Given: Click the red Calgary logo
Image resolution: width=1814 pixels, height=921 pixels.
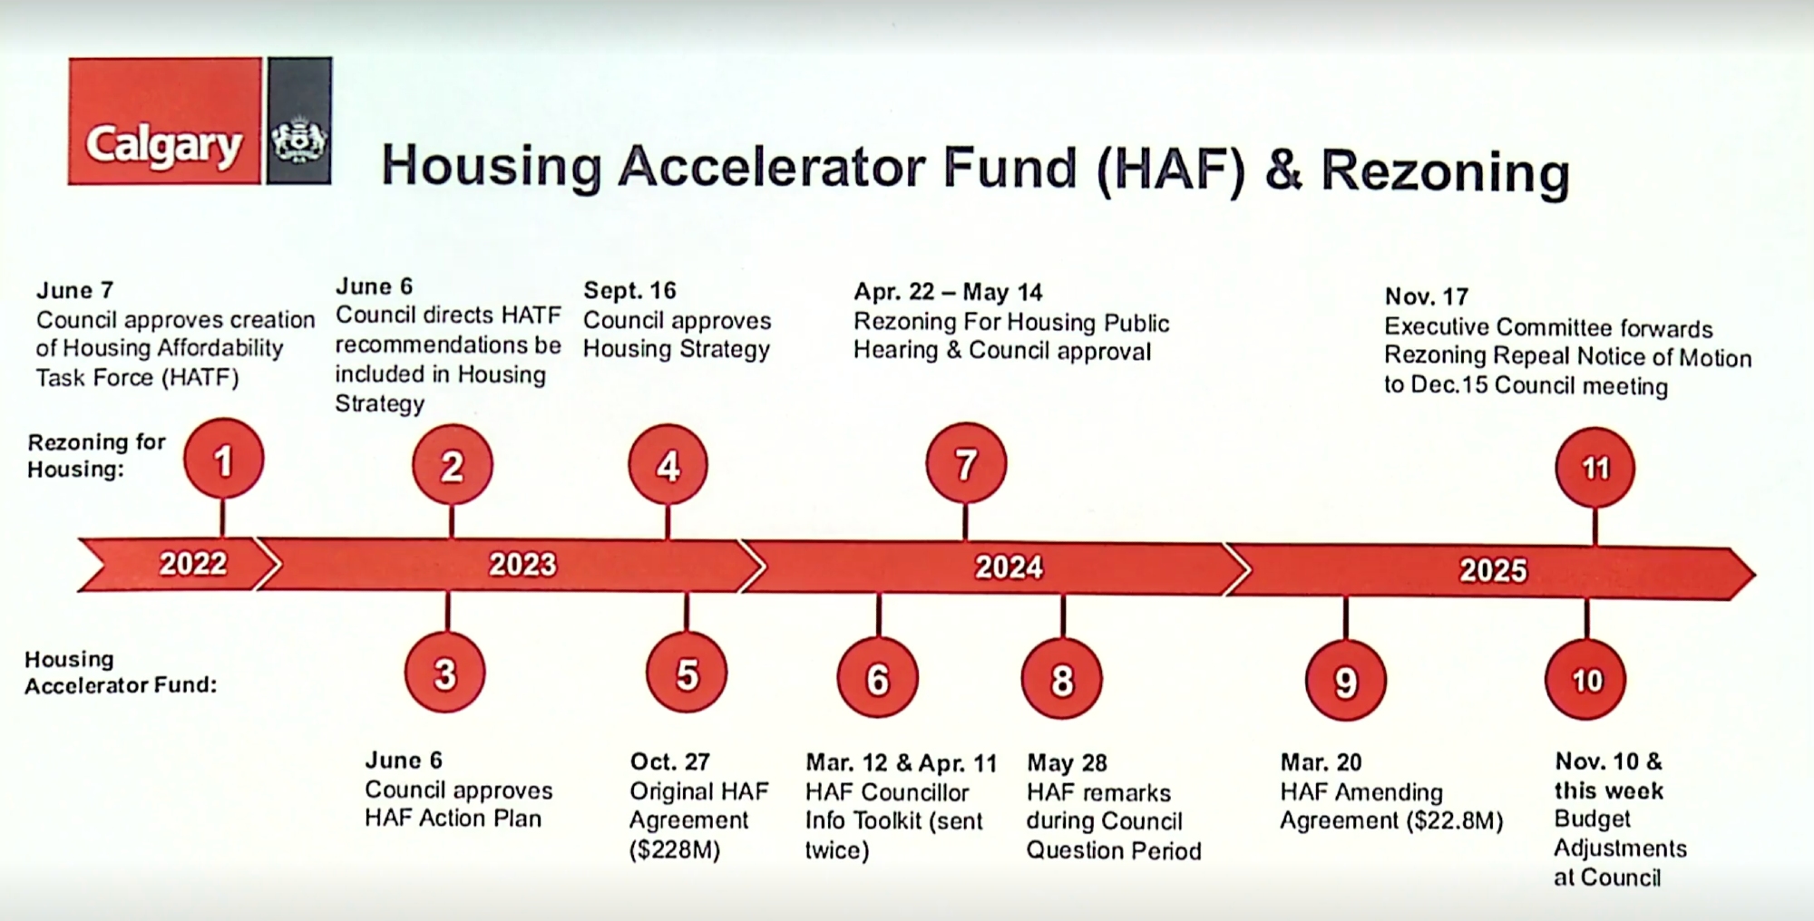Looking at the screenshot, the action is tap(165, 121).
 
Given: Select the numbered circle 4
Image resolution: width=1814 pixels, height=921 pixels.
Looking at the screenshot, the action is tap(668, 465).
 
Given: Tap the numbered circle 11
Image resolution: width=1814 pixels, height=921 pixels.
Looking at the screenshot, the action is tap(1595, 468).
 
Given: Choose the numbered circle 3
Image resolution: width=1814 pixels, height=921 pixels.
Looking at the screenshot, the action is tap(444, 674).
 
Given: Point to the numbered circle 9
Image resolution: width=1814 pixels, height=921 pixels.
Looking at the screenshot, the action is tap(1346, 681).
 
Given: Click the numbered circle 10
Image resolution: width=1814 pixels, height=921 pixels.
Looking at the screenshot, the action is tap(1586, 679).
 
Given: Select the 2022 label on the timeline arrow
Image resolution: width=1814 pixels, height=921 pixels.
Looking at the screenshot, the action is tap(193, 563).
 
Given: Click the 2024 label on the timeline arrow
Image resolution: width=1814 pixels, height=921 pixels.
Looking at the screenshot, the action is tap(1009, 567).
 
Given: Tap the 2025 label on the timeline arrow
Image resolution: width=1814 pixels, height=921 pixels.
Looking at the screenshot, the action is tap(1493, 570).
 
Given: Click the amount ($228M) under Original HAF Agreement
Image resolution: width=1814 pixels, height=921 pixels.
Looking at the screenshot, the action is tap(675, 850).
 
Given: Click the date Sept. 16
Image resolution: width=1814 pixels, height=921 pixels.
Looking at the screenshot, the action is tap(629, 290).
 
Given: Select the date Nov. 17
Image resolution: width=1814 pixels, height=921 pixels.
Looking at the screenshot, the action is tap(1426, 296).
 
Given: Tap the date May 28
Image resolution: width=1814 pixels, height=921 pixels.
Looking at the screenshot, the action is tap(1067, 762).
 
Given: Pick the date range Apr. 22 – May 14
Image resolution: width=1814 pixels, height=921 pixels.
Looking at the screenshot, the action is tap(948, 292).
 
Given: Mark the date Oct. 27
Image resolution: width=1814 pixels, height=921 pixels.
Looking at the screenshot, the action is tap(669, 761).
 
